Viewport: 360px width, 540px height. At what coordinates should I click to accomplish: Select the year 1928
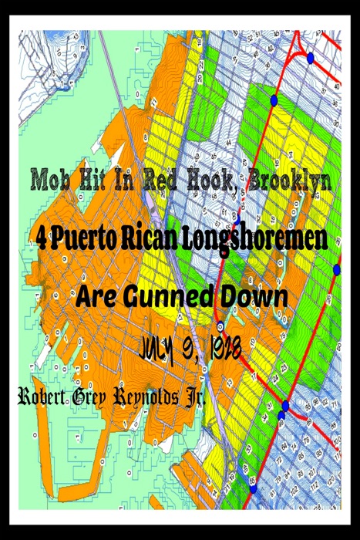tap(230, 349)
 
